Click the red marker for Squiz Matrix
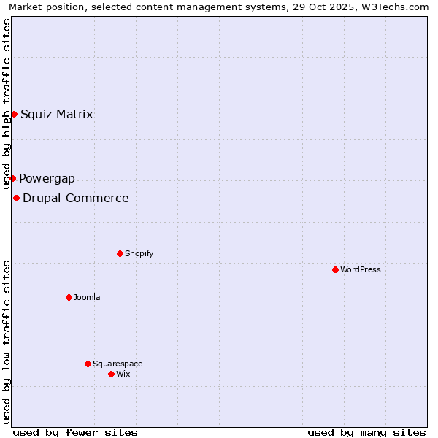point(14,114)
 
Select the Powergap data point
point(12,178)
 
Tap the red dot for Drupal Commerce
point(16,198)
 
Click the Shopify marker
point(120,253)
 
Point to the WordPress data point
point(335,269)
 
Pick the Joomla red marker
point(69,297)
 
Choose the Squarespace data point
point(88,364)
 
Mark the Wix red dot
point(111,374)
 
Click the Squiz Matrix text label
point(56,114)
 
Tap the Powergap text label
point(47,179)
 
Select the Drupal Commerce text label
point(76,199)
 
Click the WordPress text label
point(361,270)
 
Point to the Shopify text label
point(139,254)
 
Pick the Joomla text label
point(87,298)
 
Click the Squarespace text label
point(118,364)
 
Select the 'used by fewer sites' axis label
point(75,432)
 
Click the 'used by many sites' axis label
point(366,432)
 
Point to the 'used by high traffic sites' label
point(7,102)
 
